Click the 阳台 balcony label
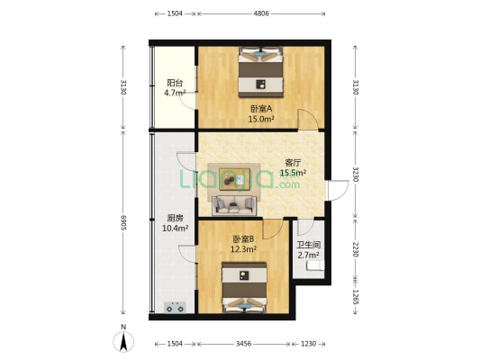point(175,83)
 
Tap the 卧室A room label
point(261,109)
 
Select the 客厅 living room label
point(293,162)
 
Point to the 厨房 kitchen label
point(175,218)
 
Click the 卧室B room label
point(243,238)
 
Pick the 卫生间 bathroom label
point(309,245)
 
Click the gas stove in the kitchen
point(175,307)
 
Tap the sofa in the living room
point(234,205)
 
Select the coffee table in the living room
point(234,178)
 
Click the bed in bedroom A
point(261,72)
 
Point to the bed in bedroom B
point(244,287)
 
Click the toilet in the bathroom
point(315,265)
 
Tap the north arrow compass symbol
point(123,342)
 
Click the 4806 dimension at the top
point(261,13)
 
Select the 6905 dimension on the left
point(123,222)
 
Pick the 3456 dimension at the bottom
point(243,344)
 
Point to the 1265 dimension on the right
point(355,297)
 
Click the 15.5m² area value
point(294,173)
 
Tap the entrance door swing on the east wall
point(339,190)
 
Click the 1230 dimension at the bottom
point(308,344)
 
